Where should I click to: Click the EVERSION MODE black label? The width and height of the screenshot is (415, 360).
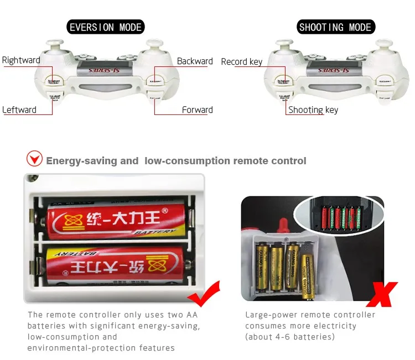106,27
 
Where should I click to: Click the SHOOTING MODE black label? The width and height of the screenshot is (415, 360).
335,27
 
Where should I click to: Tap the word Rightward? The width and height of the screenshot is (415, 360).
21,60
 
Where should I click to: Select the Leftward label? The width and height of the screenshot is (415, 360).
19,109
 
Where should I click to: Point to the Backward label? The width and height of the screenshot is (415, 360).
195,61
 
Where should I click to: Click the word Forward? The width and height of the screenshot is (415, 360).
197,109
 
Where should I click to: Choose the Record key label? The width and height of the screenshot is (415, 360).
241,61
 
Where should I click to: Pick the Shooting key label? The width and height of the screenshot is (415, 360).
313,109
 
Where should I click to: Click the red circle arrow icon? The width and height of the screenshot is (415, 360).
35,159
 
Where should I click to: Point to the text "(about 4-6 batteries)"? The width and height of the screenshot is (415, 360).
290,337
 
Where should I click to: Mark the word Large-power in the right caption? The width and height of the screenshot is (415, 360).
269,315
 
